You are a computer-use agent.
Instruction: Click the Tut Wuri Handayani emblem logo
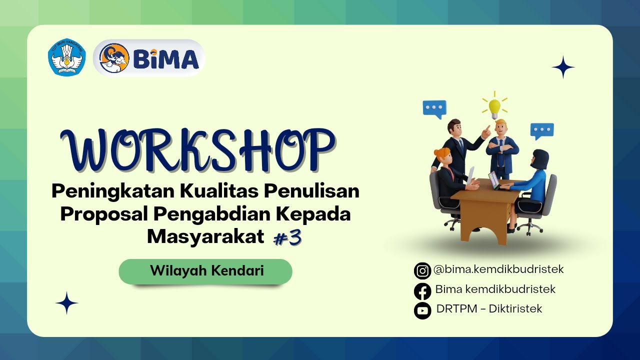(x=67, y=58)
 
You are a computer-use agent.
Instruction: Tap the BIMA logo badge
(x=149, y=58)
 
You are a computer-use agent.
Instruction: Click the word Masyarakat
(x=205, y=236)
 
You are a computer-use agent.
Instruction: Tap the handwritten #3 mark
(x=288, y=238)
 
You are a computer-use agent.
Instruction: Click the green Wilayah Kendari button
(x=205, y=271)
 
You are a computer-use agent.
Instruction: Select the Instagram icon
(x=422, y=270)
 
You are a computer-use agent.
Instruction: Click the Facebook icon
(x=422, y=290)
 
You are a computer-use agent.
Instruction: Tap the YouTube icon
(x=422, y=310)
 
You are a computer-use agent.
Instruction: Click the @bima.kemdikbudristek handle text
(x=498, y=269)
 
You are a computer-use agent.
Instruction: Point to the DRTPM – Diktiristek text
(x=489, y=309)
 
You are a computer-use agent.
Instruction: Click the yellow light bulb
(x=494, y=106)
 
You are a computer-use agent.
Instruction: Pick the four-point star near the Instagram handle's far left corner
(x=66, y=303)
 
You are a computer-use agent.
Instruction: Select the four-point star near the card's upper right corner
(x=563, y=67)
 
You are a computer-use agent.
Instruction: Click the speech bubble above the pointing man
(x=434, y=108)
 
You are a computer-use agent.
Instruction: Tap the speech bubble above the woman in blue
(x=542, y=131)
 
